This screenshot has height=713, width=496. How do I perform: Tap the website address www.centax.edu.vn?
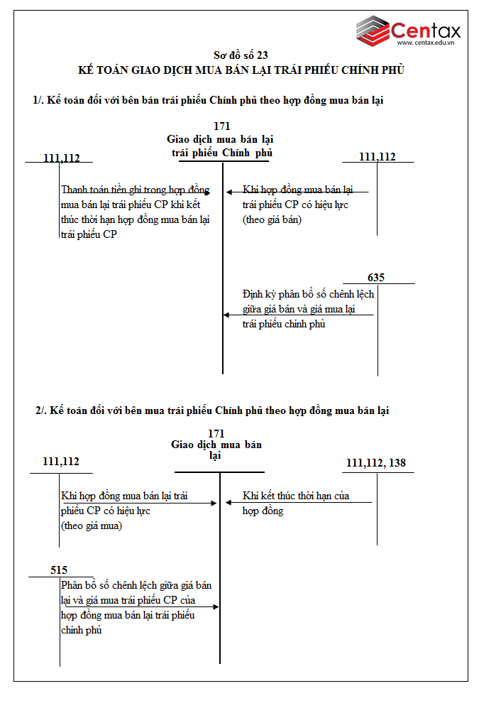[x=425, y=43]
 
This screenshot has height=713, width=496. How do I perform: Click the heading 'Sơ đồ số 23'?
[x=241, y=55]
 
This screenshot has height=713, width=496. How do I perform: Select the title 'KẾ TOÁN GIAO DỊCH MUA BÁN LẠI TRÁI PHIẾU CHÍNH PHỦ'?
[x=241, y=70]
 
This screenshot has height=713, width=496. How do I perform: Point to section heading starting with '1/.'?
[x=208, y=100]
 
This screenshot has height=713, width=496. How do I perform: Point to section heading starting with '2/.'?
[x=212, y=410]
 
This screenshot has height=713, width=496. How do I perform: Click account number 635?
[x=376, y=278]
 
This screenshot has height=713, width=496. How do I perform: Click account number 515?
[x=60, y=570]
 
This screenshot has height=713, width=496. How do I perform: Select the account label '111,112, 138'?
[x=376, y=463]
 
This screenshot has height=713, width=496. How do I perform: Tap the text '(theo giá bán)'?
[x=272, y=220]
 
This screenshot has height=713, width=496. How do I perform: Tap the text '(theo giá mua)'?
[x=92, y=526]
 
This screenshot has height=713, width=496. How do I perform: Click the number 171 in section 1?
[x=222, y=126]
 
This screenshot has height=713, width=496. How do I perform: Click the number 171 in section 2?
[x=216, y=433]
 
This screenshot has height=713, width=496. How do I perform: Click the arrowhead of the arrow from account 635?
[x=226, y=315]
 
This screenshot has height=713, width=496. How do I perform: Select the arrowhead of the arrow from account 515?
[x=216, y=606]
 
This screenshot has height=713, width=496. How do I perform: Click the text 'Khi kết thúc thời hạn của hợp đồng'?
[x=295, y=504]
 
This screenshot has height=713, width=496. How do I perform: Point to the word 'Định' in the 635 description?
[x=253, y=293]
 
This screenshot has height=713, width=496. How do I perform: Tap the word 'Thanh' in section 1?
[x=76, y=190]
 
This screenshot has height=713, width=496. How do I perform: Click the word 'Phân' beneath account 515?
[x=73, y=586]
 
